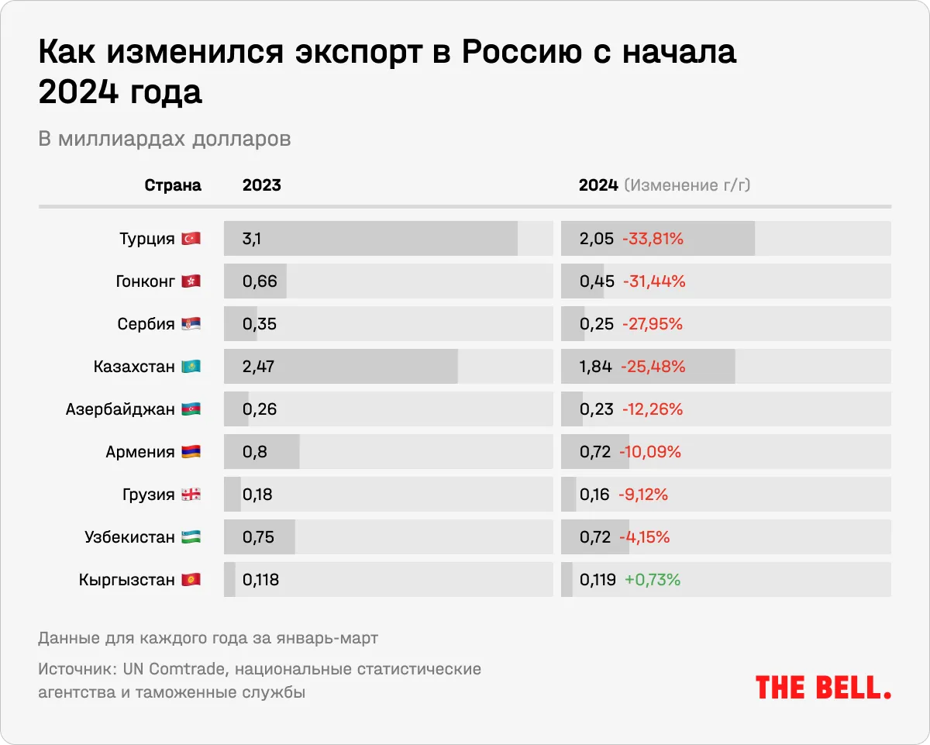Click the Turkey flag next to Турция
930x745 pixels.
click(191, 239)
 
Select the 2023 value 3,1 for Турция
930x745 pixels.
click(251, 239)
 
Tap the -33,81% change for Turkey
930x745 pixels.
click(653, 239)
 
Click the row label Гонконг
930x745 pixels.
click(145, 281)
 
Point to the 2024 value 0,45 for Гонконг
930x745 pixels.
click(597, 281)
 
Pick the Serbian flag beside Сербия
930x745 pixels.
click(191, 324)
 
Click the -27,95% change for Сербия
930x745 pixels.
click(652, 324)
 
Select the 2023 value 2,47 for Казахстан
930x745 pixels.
click(259, 367)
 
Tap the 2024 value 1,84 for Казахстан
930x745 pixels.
click(596, 367)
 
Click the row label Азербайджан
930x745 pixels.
click(120, 409)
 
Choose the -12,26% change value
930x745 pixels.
click(652, 409)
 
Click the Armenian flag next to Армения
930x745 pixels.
click(191, 452)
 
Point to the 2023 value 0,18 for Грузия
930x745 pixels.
click(257, 495)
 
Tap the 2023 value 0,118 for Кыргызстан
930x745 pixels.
click(260, 580)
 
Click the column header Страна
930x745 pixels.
click(173, 185)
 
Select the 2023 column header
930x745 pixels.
click(262, 185)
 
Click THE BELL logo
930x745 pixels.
click(823, 687)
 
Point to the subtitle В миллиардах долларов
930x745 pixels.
click(164, 139)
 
